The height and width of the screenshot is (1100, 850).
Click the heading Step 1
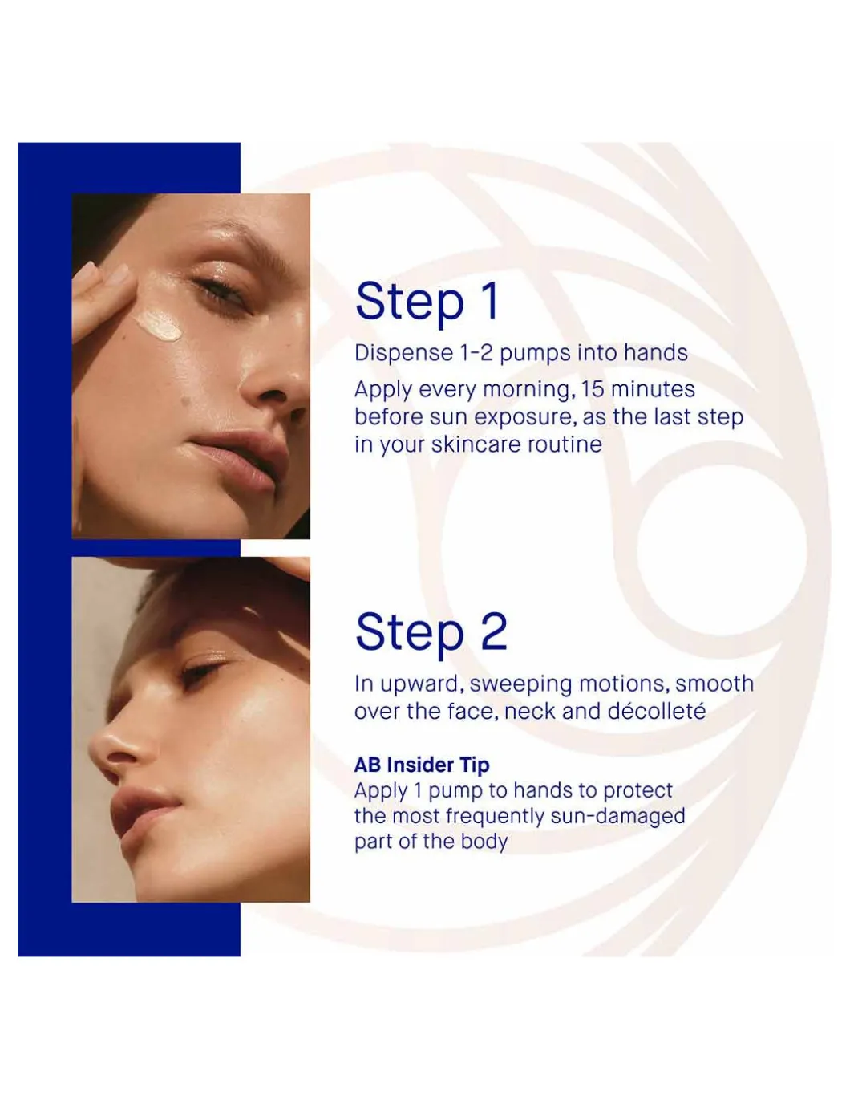click(x=427, y=302)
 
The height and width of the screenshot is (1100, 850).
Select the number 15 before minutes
click(x=593, y=389)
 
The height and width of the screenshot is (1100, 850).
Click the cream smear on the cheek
click(x=157, y=323)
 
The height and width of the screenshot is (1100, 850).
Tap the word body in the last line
click(x=484, y=842)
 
